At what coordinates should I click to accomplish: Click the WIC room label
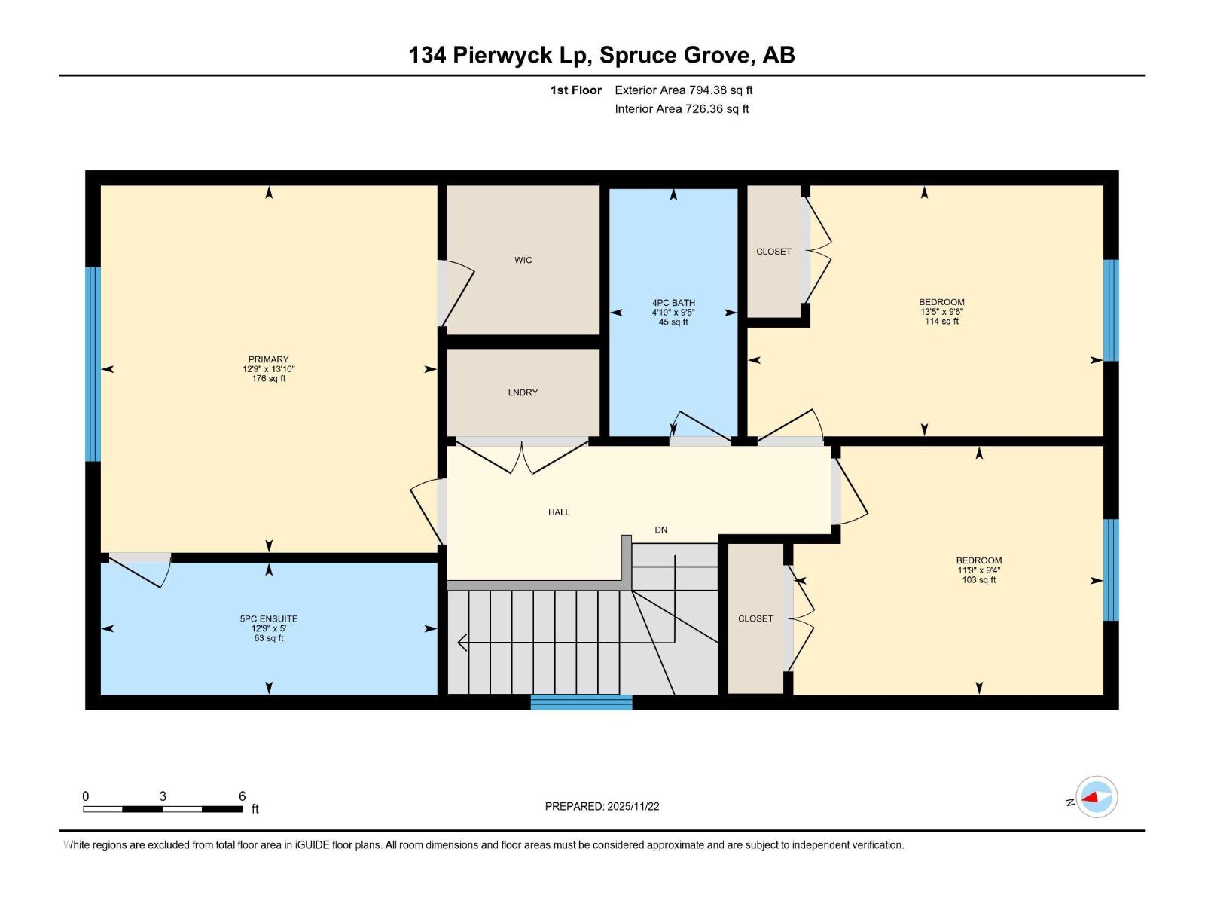coord(523,260)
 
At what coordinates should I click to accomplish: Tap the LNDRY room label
coord(523,392)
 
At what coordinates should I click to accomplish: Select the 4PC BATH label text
coord(673,303)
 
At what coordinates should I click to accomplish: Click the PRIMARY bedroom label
coord(269,359)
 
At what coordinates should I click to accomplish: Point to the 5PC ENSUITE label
coord(269,619)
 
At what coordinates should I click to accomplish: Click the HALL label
coord(559,512)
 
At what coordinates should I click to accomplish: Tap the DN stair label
coord(660,530)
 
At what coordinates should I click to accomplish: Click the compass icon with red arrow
coord(1096,796)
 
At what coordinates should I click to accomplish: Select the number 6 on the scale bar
coord(242,796)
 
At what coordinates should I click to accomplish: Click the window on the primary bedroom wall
coord(93,364)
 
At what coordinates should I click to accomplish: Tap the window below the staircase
coord(581,702)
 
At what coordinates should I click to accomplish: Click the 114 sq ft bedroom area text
coord(941,322)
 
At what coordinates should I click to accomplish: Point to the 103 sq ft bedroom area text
coord(979,580)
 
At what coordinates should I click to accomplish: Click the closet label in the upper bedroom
coord(773,252)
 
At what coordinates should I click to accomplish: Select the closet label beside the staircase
coord(755,618)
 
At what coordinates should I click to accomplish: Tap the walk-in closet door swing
coord(456,294)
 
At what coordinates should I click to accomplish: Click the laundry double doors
coord(522,457)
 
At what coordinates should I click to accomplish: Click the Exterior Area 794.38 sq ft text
coord(683,90)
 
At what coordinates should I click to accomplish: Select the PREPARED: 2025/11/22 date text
coord(602,806)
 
